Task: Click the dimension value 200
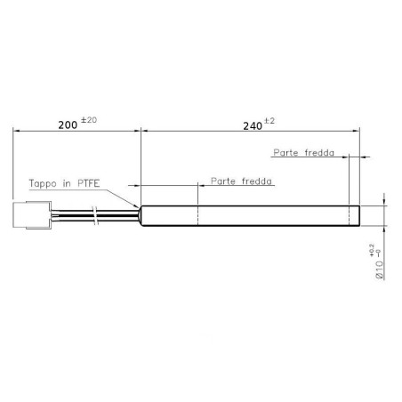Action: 68,125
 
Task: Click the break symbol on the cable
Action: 96,214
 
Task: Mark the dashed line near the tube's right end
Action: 349,214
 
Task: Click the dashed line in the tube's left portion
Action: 197,214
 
